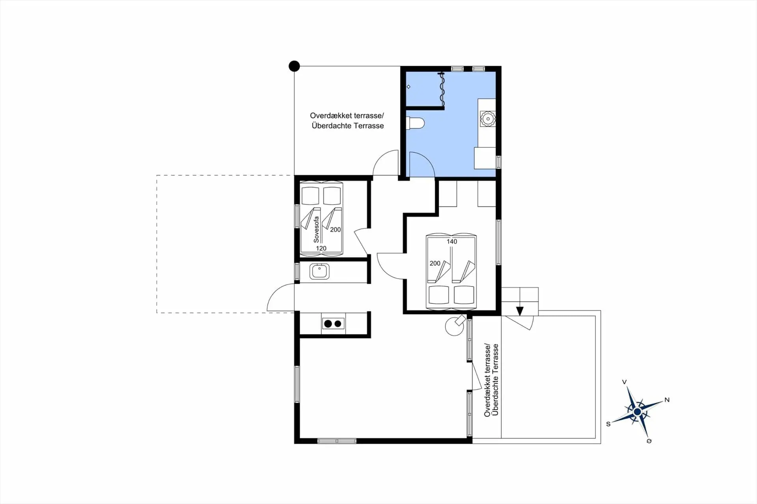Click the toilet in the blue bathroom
415,123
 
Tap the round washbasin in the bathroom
488,118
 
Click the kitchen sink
319,272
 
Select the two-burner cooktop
333,324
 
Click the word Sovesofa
316,229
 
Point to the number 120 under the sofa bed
321,248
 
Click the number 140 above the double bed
452,242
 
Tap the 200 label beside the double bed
435,263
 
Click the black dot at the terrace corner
294,66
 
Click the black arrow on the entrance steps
520,311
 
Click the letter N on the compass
667,400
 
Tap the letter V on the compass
624,382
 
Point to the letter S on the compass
608,424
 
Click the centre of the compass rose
638,412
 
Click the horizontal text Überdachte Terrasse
348,126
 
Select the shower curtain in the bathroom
442,90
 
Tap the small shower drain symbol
408,87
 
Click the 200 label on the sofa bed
336,229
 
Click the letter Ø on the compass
649,441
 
